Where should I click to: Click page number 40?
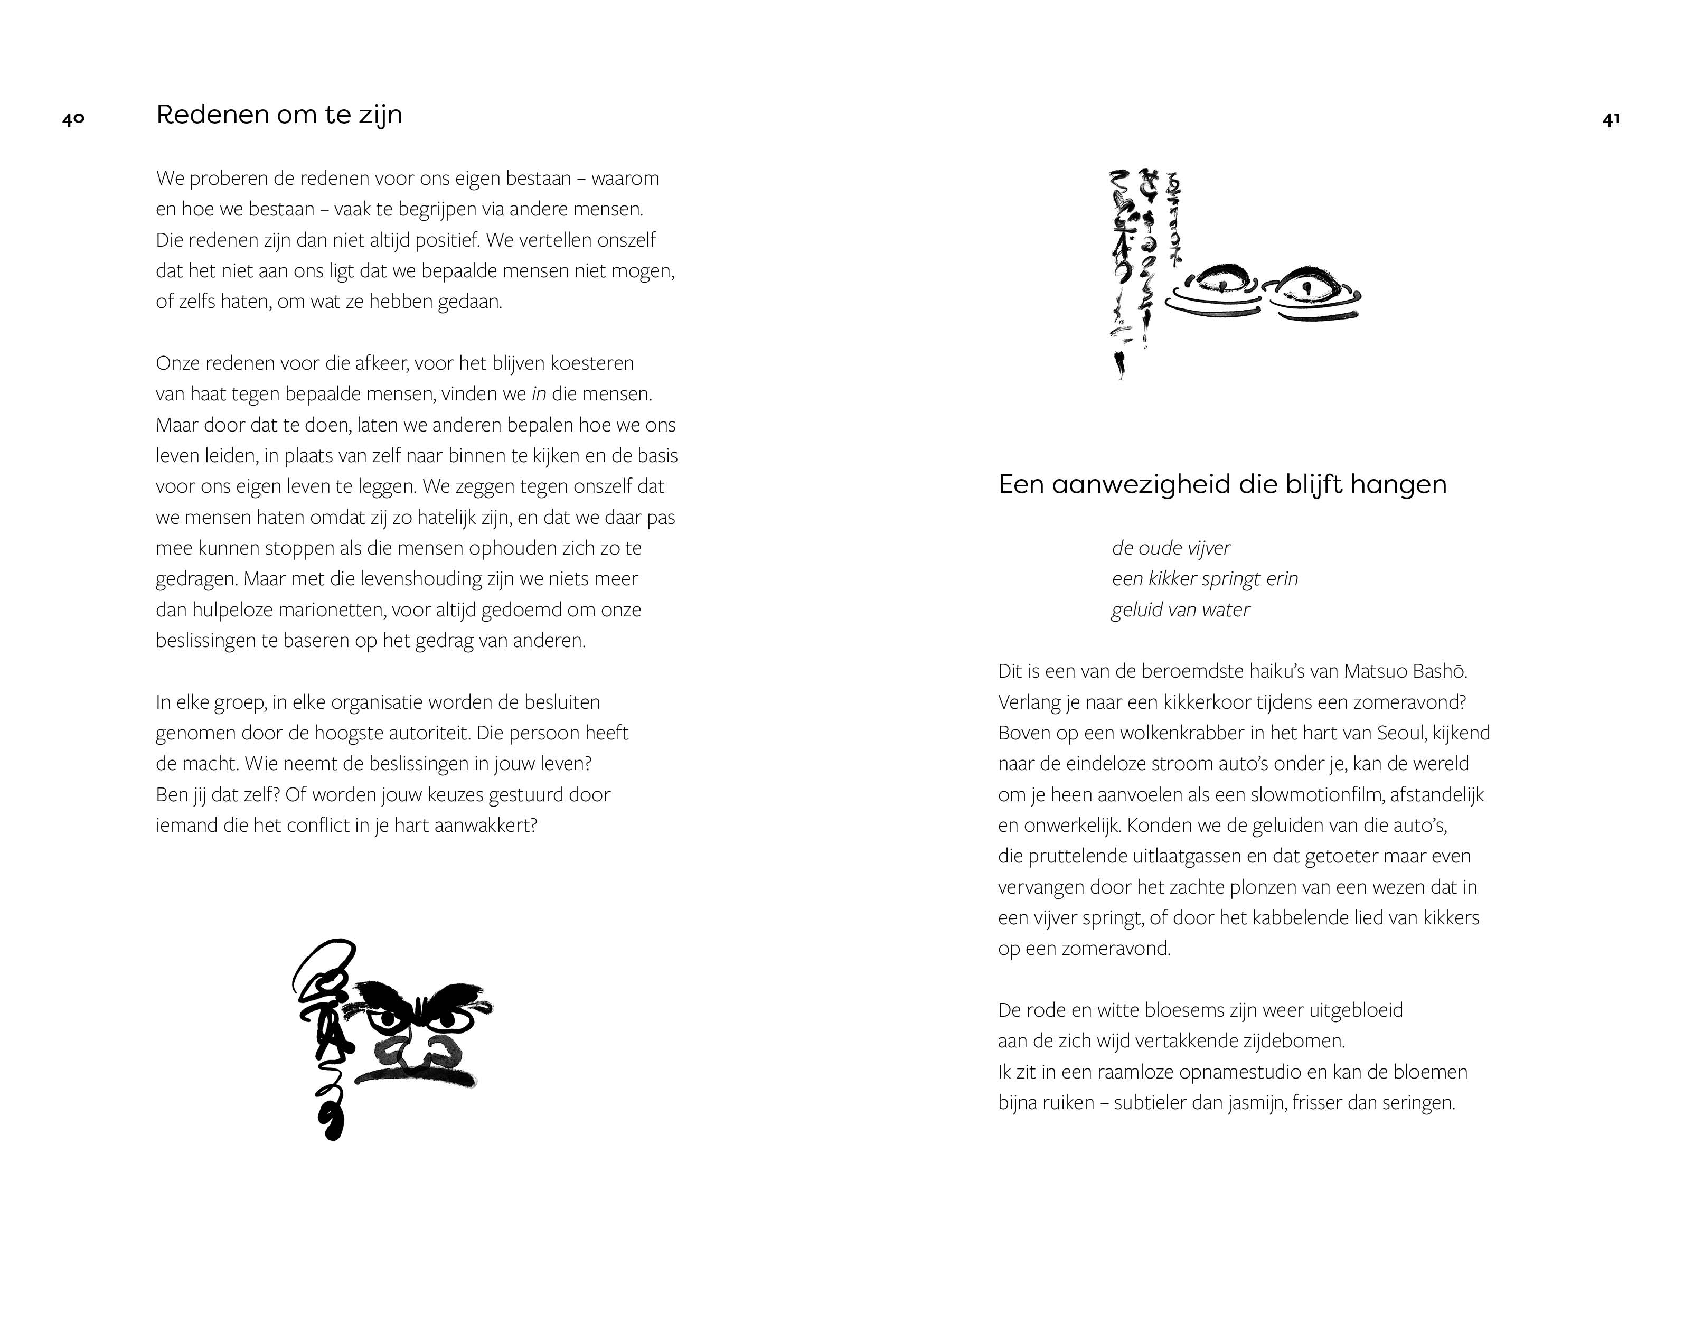73,119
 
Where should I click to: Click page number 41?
1611,119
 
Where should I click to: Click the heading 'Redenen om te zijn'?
279,115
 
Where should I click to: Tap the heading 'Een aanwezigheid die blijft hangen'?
1222,485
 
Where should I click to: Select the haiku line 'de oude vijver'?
1171,548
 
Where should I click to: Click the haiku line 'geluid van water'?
1180,610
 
